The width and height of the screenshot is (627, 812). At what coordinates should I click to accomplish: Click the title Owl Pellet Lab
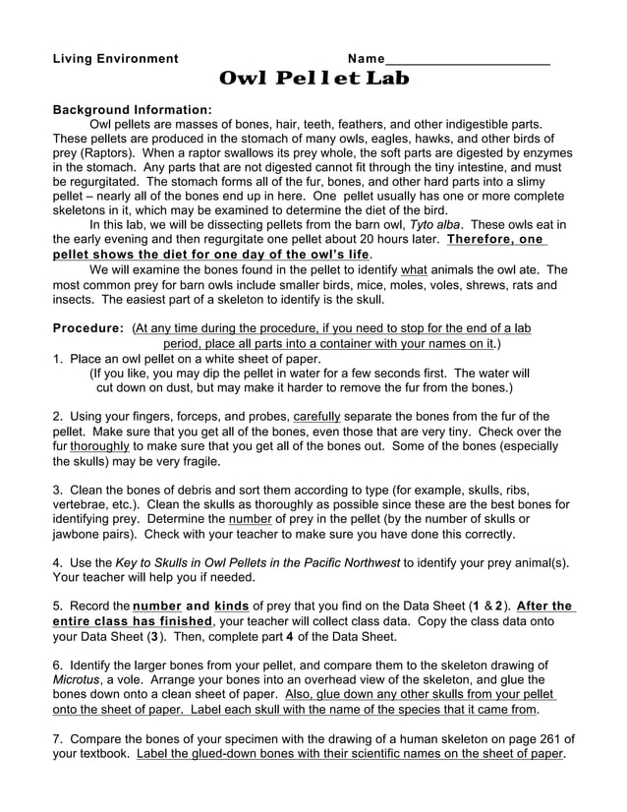click(x=313, y=79)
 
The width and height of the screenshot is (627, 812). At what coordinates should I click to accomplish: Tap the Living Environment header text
click(x=115, y=59)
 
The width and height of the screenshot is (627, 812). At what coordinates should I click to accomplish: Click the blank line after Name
click(x=467, y=61)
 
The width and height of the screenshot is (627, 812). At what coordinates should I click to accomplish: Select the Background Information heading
click(x=132, y=109)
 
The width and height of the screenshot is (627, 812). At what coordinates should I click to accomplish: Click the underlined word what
click(x=414, y=268)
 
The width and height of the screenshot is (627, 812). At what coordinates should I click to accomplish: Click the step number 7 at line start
click(x=56, y=738)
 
